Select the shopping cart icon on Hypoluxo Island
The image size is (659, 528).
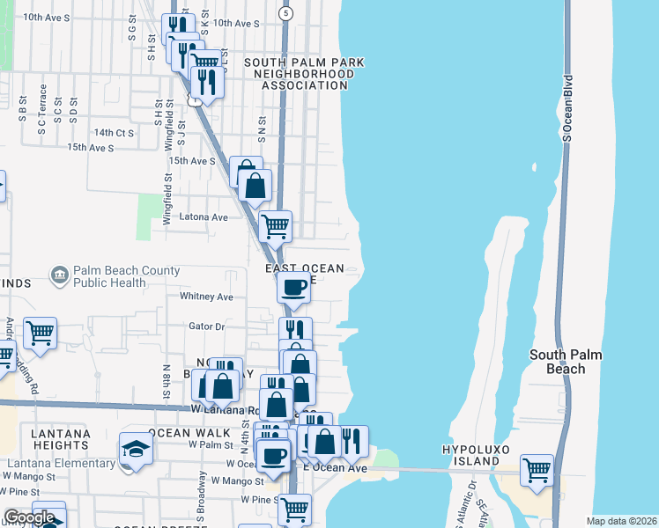coord(537,470)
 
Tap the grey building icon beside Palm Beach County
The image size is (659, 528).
coord(59,276)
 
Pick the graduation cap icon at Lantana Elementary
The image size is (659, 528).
coord(136,449)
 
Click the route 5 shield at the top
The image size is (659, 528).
coord(285,13)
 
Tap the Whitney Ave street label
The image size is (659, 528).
coord(206,297)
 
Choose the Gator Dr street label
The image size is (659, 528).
coord(208,326)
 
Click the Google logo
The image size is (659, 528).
coord(29,517)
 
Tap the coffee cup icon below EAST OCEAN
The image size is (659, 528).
coord(293,286)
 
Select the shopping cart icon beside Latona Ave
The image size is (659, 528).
coord(275,225)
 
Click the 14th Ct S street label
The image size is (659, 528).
coord(113,133)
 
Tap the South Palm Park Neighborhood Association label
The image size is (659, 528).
coord(303,74)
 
